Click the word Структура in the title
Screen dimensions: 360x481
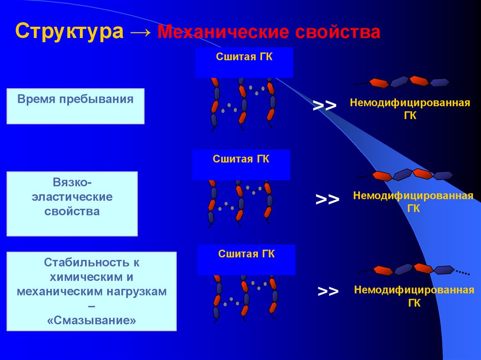[70, 31]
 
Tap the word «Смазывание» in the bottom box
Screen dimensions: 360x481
[92, 321]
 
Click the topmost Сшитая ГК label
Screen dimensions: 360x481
[244, 57]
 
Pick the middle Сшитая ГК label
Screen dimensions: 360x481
[241, 159]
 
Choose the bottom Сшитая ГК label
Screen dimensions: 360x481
[246, 254]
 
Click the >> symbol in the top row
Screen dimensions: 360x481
[325, 106]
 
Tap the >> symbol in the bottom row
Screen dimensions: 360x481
[328, 291]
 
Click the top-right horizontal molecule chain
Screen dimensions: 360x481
[408, 82]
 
